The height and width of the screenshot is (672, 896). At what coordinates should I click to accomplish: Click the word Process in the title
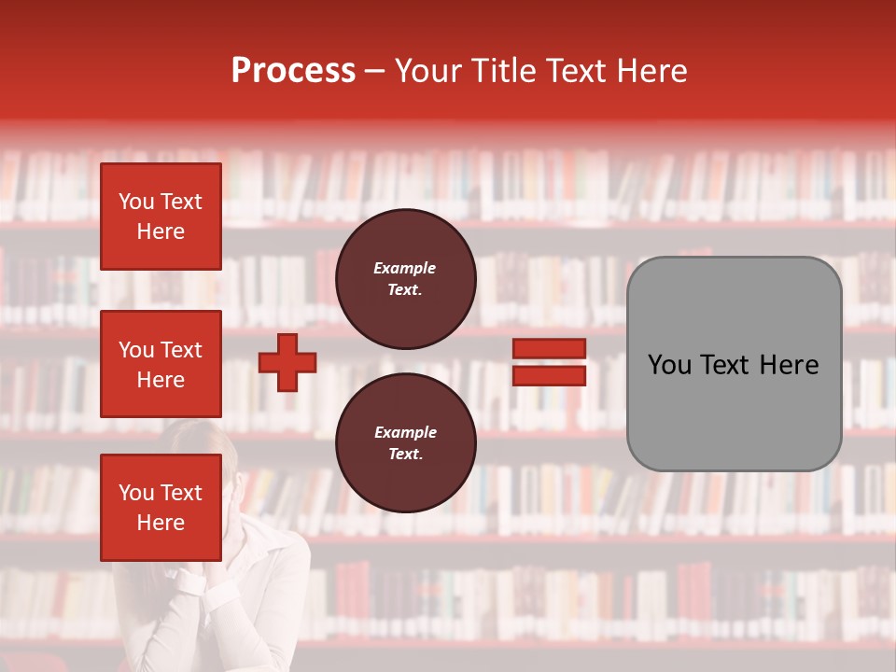[293, 71]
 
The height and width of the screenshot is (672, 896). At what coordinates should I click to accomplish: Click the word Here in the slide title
[652, 71]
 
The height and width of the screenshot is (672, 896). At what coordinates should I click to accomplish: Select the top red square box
[161, 217]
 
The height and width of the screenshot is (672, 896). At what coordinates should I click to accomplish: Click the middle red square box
[161, 364]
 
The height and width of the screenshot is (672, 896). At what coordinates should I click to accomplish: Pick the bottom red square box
[161, 508]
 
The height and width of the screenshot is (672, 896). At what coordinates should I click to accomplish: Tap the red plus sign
[287, 363]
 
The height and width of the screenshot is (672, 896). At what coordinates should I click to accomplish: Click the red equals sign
[550, 362]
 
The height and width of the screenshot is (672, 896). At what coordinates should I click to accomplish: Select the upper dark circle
[406, 279]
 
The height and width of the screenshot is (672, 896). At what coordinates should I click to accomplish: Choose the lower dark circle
[406, 443]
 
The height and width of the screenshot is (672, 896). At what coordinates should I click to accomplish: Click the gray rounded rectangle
[734, 363]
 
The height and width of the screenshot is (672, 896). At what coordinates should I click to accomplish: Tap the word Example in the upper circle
[405, 268]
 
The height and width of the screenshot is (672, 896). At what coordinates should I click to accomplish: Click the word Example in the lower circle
[405, 432]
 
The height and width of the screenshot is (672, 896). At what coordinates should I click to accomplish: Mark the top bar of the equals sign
[550, 349]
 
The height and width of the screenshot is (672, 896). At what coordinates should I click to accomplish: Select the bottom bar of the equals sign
[550, 375]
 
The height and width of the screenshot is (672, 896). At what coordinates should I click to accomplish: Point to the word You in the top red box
[136, 202]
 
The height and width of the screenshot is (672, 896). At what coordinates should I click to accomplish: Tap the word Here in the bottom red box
[161, 523]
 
